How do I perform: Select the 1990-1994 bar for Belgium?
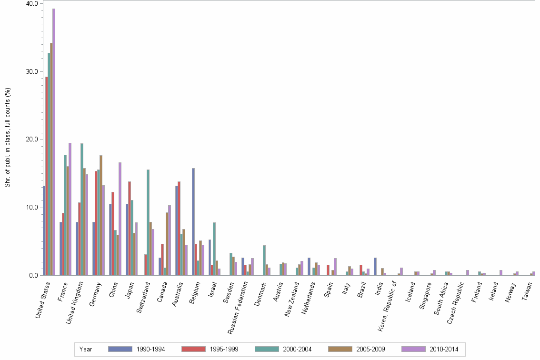click(x=193, y=222)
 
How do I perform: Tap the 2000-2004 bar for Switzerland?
click(x=148, y=222)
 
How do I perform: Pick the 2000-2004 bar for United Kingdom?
click(x=82, y=210)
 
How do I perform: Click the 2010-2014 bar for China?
click(x=120, y=219)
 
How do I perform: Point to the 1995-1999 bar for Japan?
click(x=130, y=229)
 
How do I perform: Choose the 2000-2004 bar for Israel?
click(x=214, y=249)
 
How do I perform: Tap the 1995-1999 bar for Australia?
click(x=179, y=229)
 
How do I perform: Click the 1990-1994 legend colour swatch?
click(x=120, y=349)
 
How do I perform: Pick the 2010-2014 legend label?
click(x=444, y=349)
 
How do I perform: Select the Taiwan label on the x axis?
click(x=528, y=290)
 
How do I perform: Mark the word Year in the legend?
click(x=86, y=349)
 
